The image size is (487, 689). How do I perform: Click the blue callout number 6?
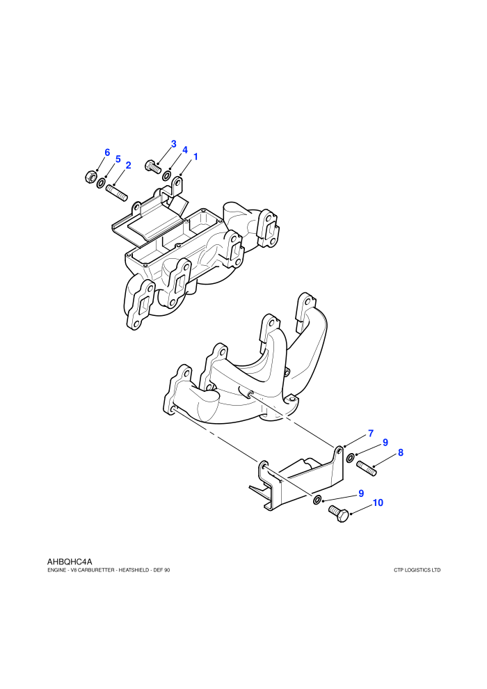coord(107,152)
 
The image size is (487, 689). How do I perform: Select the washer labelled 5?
coord(101,183)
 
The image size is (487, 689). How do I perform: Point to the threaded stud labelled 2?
coord(116,193)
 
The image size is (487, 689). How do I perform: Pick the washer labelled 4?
coord(167,175)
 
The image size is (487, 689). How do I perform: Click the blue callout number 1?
coord(195,157)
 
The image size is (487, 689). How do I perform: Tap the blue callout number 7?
coord(371,434)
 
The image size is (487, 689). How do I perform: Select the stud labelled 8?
coord(367,468)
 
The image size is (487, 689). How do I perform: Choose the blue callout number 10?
coord(378,502)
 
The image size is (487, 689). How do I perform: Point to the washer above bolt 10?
coord(317,500)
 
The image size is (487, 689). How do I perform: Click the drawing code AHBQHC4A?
coord(70,562)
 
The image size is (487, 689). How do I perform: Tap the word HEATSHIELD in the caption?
coord(134,571)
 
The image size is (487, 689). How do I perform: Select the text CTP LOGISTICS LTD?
coord(417,571)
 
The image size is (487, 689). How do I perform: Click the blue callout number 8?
coord(401,452)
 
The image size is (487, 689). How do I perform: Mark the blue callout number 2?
coord(128,165)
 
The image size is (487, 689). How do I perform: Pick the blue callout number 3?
coord(173,143)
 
